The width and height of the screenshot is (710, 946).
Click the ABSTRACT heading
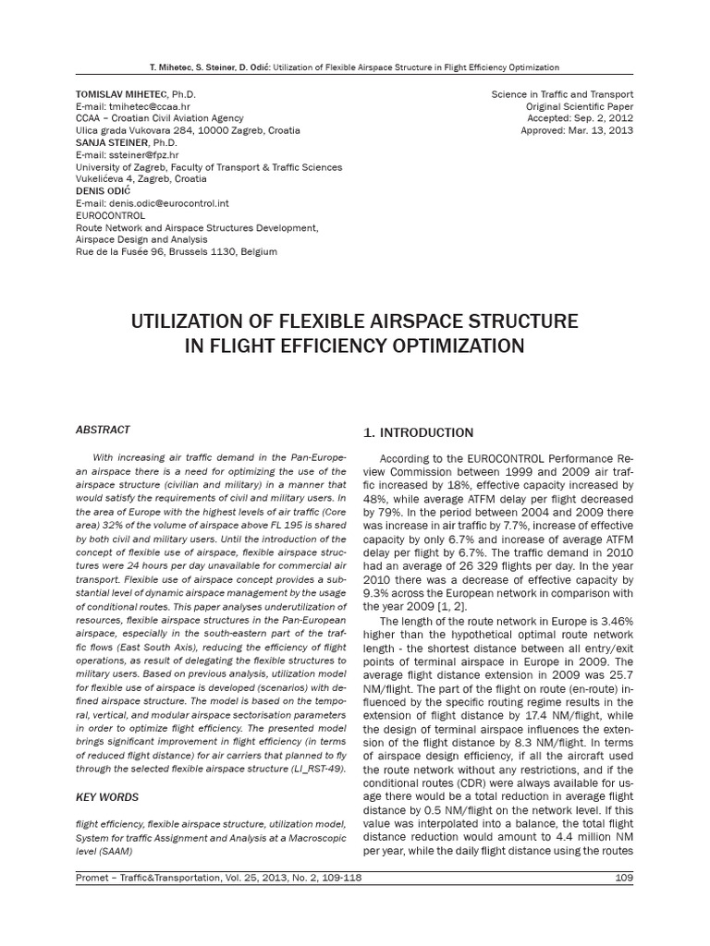tap(102, 430)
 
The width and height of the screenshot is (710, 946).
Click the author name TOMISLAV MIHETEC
tap(118, 95)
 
